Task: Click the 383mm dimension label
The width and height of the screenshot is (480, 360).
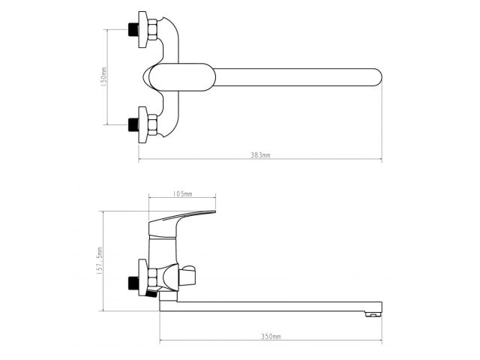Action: click(259, 154)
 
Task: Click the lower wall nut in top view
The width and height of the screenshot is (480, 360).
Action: click(149, 124)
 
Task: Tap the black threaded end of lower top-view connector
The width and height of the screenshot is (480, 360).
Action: click(135, 124)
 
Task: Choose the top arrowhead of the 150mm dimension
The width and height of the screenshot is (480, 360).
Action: click(109, 31)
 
